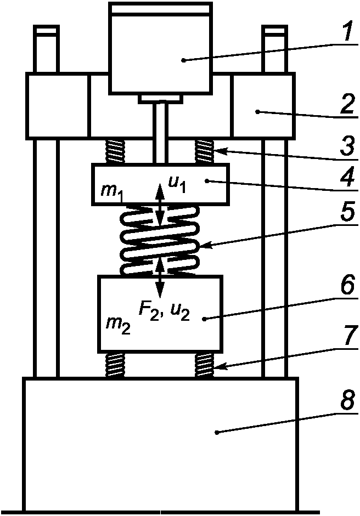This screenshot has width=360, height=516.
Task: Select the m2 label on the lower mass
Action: coord(117,326)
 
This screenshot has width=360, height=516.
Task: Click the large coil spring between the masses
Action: coord(160,240)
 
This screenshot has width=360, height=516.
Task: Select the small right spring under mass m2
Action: coord(205,365)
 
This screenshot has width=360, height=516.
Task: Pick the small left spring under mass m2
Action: coord(115,365)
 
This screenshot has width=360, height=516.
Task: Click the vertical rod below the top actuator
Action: coord(160,133)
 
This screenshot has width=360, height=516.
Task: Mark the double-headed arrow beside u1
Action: coord(160,204)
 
